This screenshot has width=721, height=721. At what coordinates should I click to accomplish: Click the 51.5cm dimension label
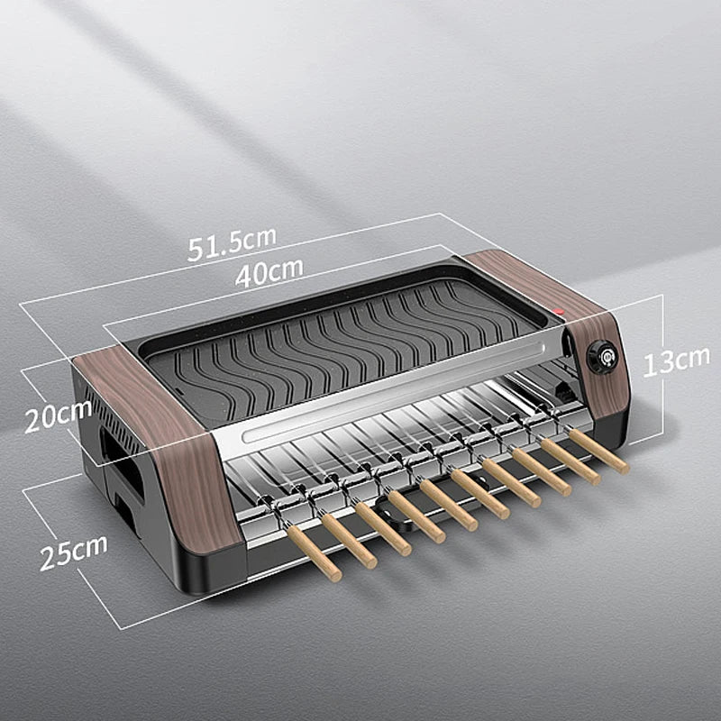(232, 244)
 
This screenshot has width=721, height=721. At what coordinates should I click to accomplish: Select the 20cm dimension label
(58, 415)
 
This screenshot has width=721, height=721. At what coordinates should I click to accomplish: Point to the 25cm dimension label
(73, 552)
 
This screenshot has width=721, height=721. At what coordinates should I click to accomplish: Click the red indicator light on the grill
(559, 312)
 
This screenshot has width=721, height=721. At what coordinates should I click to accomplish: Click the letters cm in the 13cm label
(692, 360)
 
